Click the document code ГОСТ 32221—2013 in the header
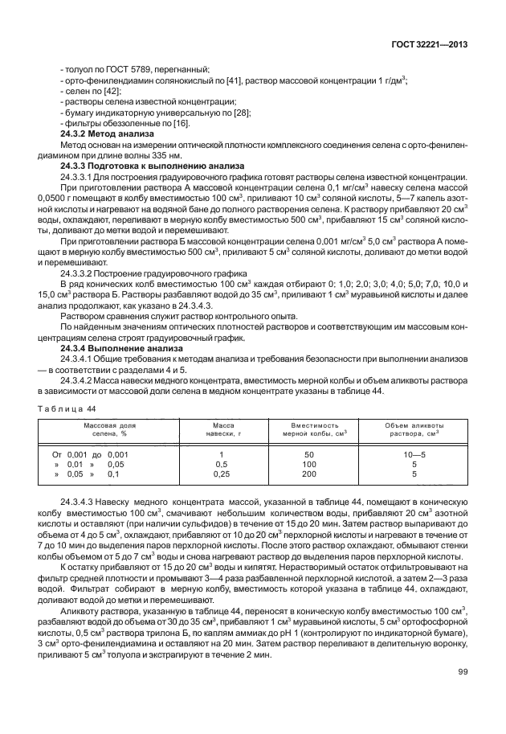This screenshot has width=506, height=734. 430,45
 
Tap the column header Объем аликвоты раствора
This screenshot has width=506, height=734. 414,429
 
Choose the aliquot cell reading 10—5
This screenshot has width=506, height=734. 414,454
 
